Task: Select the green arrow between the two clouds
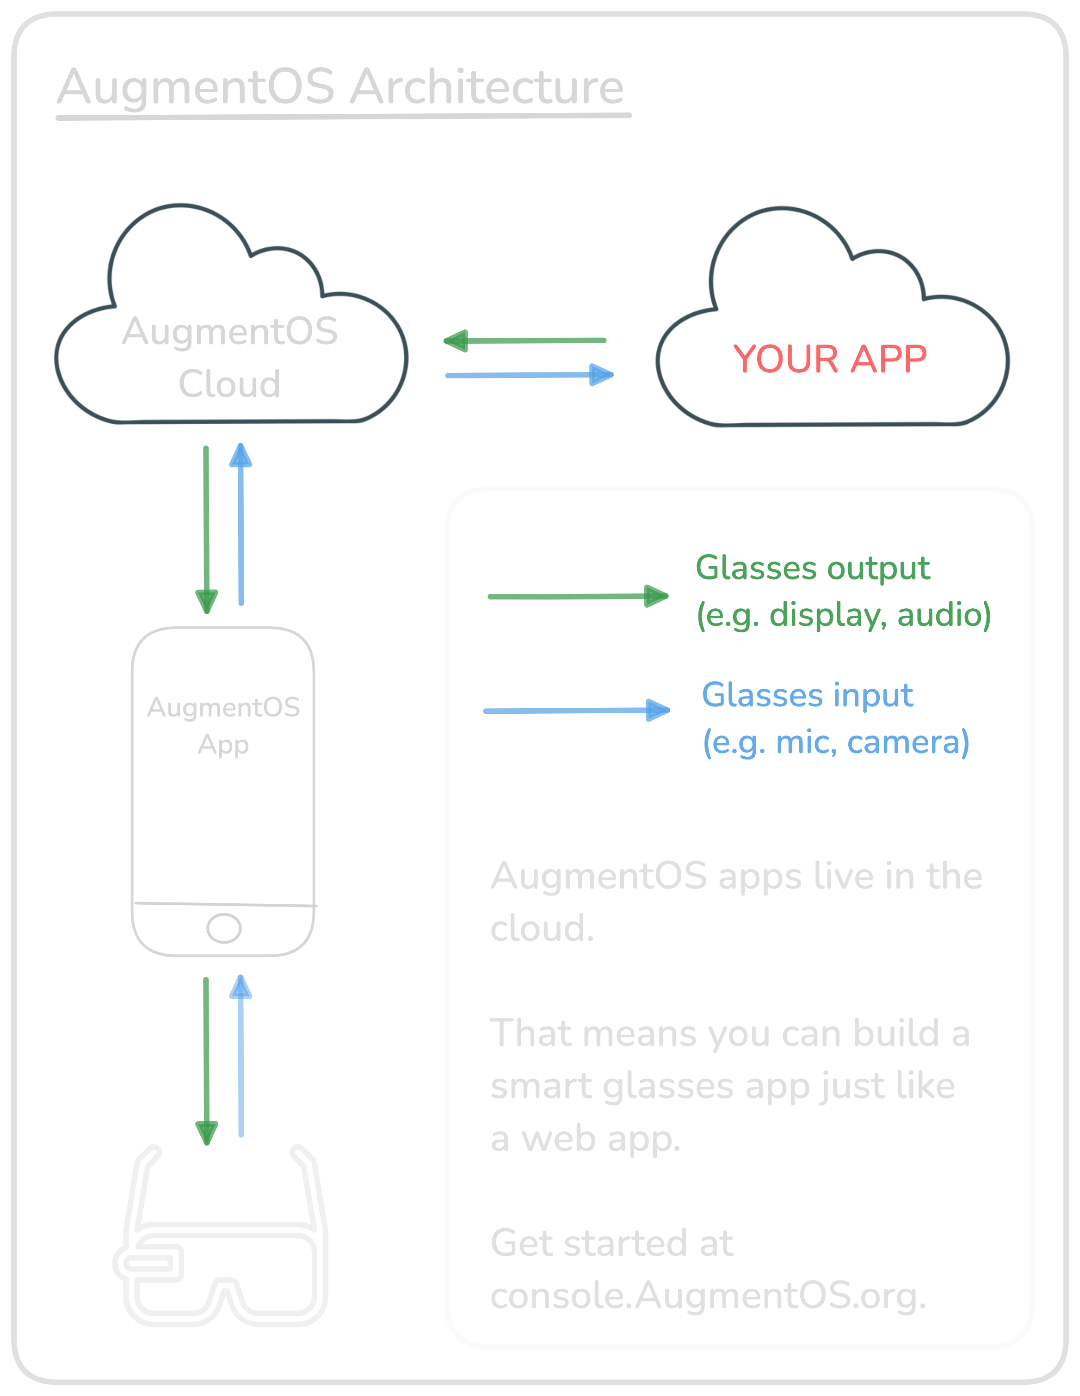(524, 341)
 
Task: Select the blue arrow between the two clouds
(529, 375)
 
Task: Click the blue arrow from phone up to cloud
(241, 524)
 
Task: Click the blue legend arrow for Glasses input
(576, 710)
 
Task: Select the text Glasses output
(812, 568)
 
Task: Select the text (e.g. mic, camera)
(836, 742)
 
